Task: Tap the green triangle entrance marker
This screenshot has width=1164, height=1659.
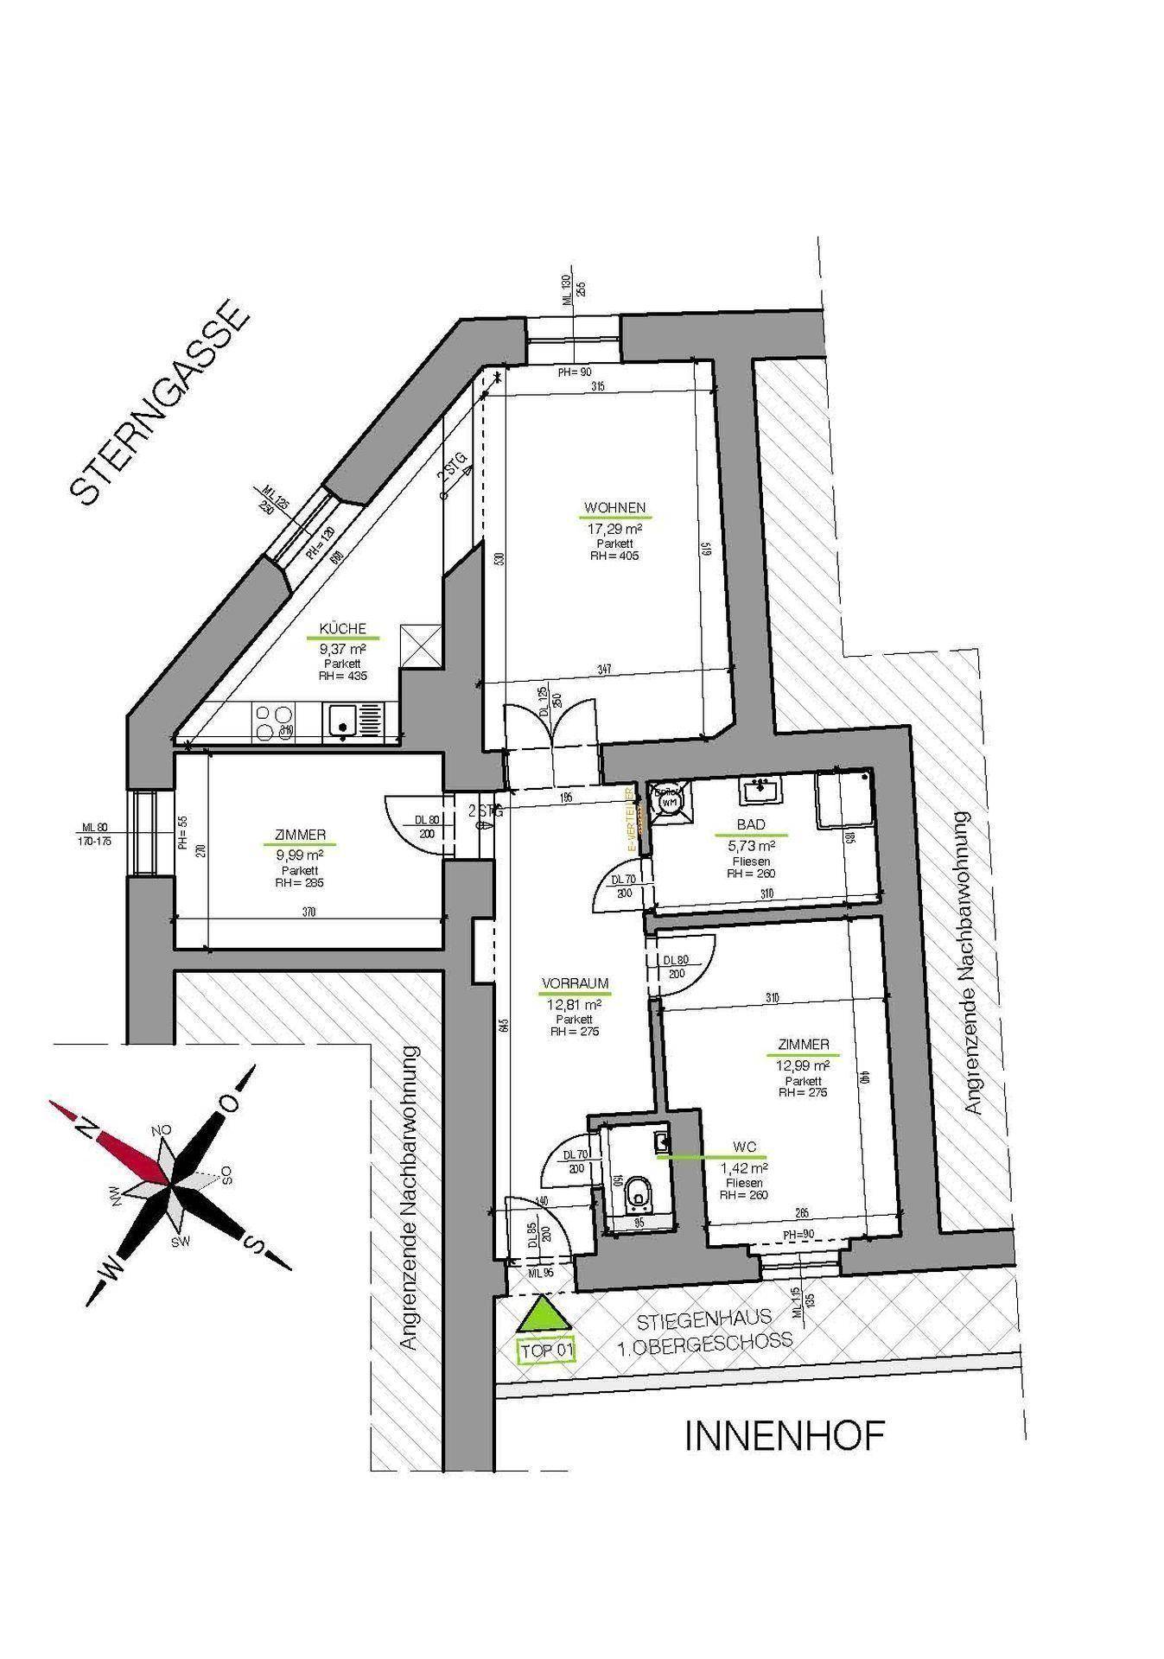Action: (541, 1317)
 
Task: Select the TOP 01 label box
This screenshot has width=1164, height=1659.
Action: (545, 1350)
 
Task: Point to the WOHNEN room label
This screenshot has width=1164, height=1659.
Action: (614, 508)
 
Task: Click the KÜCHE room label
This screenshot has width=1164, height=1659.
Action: (343, 628)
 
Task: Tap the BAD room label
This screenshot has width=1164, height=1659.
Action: (751, 825)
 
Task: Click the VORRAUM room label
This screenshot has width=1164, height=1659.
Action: (575, 983)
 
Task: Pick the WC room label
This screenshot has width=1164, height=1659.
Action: (744, 1147)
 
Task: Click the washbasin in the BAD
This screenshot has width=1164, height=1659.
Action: (760, 788)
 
